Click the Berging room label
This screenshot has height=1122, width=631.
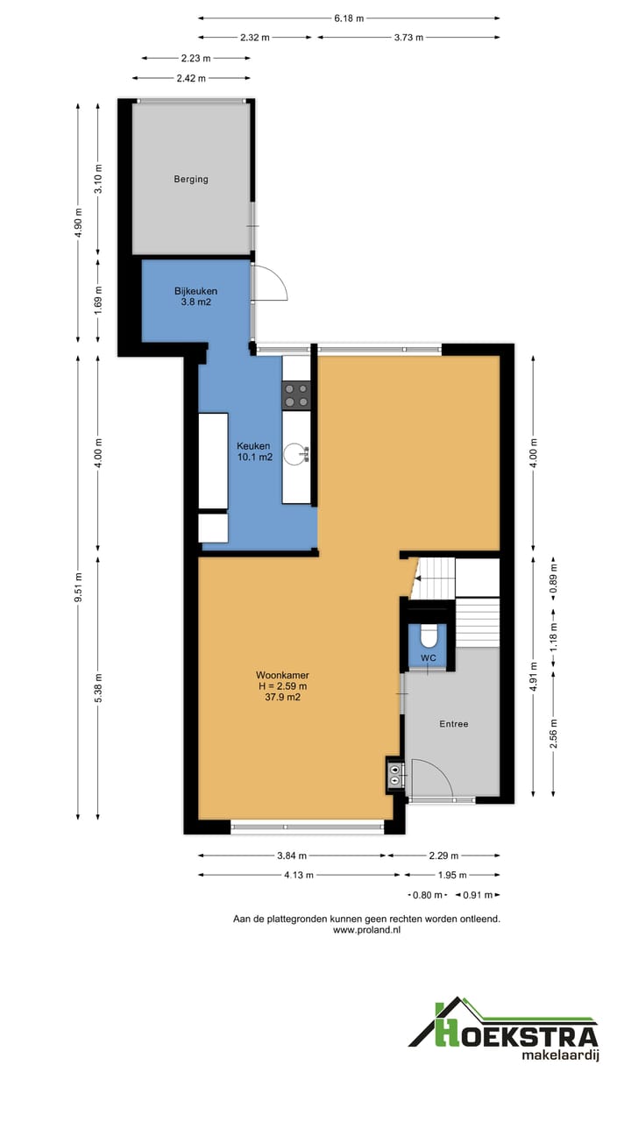tap(191, 179)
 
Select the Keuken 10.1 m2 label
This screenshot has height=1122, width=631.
tap(254, 451)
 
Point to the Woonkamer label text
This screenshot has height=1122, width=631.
tap(282, 675)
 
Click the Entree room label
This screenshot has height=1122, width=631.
tap(454, 724)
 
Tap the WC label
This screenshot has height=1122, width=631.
tap(429, 657)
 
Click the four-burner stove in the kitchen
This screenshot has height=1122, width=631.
tap(296, 395)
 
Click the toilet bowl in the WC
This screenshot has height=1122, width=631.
tap(429, 636)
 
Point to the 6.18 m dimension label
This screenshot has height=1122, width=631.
tap(349, 18)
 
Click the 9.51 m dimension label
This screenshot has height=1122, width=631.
tap(78, 587)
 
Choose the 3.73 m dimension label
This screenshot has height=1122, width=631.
tap(408, 38)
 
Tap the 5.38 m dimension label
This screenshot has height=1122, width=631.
tap(98, 688)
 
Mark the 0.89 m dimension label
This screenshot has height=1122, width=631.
tap(553, 579)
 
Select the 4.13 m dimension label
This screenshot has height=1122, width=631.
tap(299, 875)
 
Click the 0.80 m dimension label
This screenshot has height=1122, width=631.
tap(427, 895)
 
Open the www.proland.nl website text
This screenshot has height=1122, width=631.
tap(366, 930)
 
